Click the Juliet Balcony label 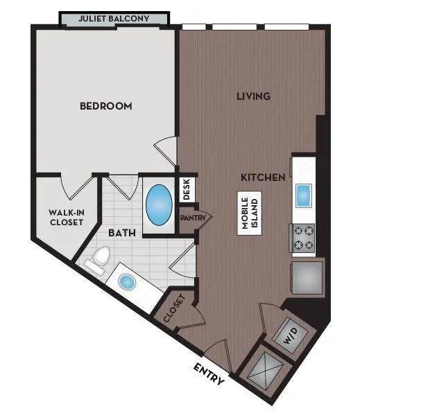click(114, 19)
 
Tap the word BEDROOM click(106, 106)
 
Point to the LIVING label click(253, 96)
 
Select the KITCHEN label click(263, 177)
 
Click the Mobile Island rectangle click(250, 214)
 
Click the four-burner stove click(302, 238)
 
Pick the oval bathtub click(159, 205)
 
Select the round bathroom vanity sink click(127, 282)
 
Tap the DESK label click(187, 189)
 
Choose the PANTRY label click(193, 218)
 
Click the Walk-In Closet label click(67, 217)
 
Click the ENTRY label click(209, 374)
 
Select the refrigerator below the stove click(307, 277)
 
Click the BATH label click(122, 233)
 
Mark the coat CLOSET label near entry click(174, 308)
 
